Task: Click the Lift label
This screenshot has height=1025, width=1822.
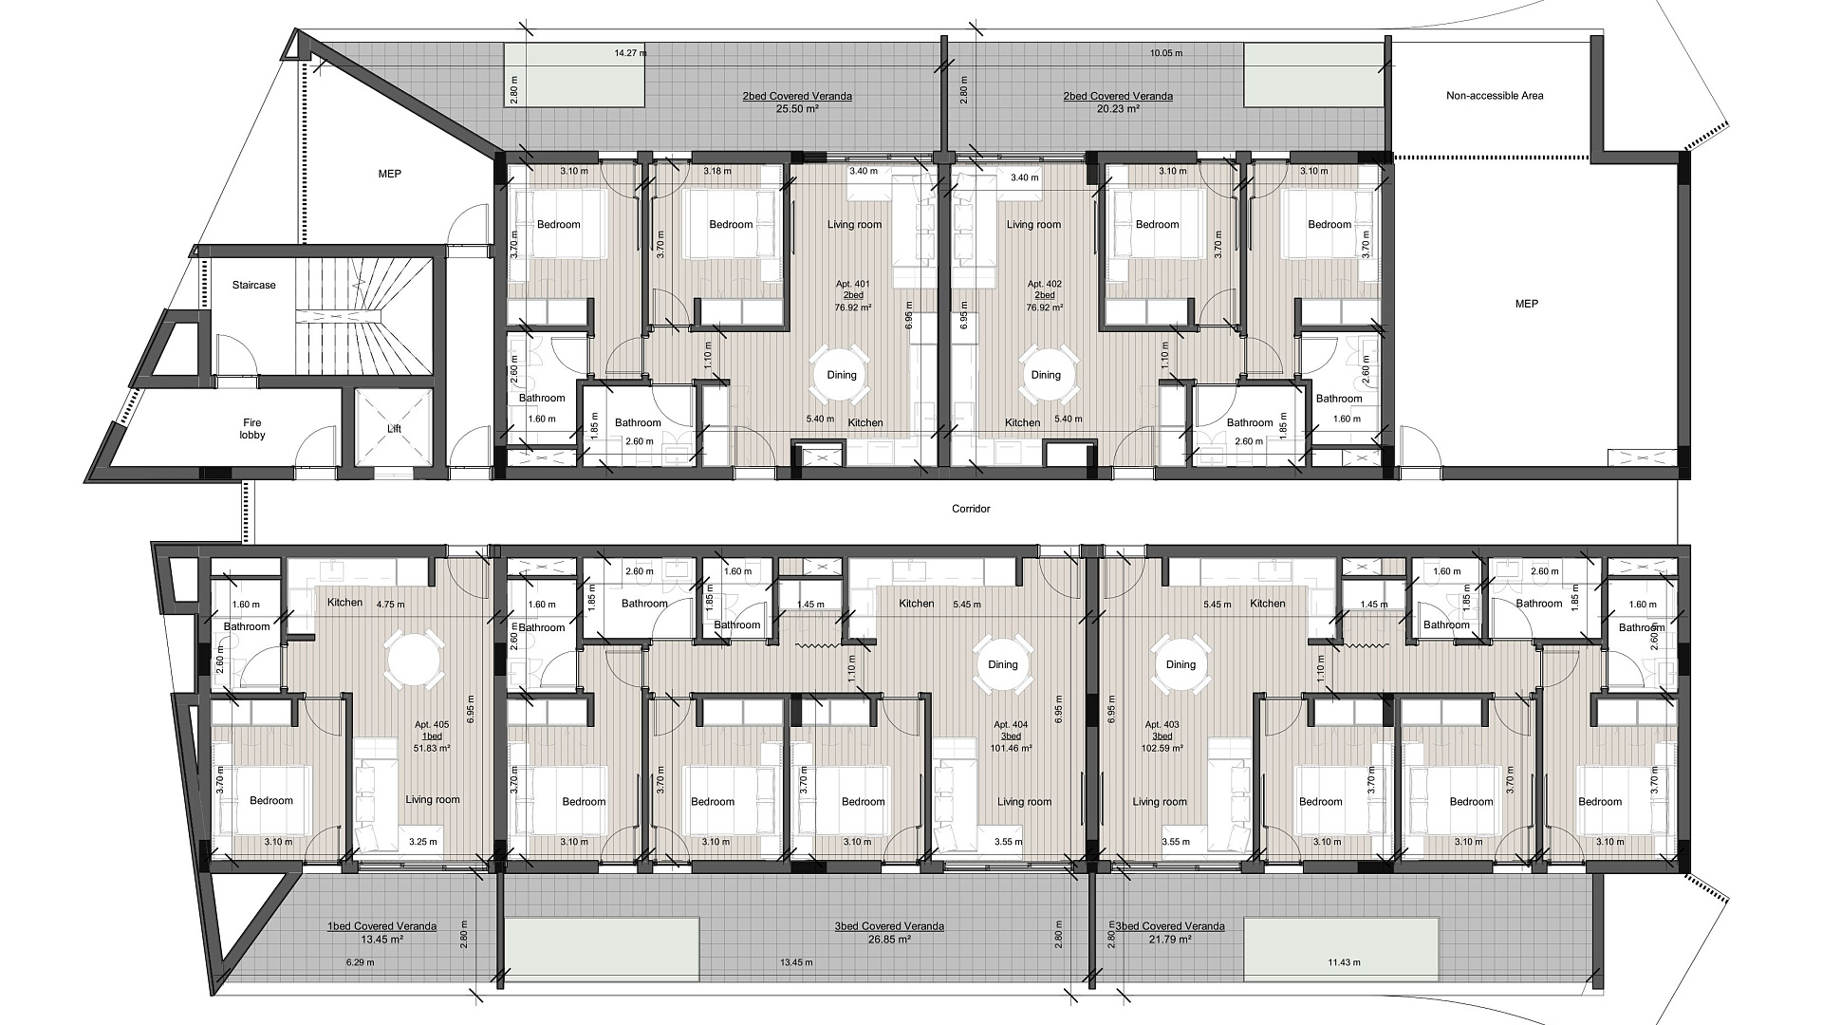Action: click(x=394, y=429)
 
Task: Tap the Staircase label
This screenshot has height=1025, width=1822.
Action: click(x=254, y=285)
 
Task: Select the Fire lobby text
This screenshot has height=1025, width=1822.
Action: click(x=251, y=429)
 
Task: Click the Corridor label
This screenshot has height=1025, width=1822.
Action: click(x=971, y=509)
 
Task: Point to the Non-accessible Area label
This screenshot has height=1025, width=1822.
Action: click(x=1495, y=96)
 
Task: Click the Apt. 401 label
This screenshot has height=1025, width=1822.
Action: click(x=852, y=284)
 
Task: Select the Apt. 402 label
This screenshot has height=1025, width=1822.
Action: click(x=1044, y=284)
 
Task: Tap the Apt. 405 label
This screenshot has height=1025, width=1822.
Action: click(x=431, y=724)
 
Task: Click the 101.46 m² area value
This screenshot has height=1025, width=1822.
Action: click(x=1011, y=748)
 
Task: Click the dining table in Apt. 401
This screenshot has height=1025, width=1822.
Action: click(x=842, y=375)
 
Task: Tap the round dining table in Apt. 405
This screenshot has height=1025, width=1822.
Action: click(x=414, y=662)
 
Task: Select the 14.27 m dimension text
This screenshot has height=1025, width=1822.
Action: click(x=630, y=53)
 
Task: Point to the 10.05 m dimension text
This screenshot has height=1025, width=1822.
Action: click(x=1166, y=53)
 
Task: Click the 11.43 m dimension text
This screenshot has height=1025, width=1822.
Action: click(x=1344, y=962)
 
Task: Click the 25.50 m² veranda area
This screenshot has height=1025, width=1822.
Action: click(x=797, y=109)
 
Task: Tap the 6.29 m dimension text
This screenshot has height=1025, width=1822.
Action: click(x=359, y=962)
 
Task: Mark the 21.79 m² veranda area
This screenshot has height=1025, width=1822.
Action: click(x=1170, y=940)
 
